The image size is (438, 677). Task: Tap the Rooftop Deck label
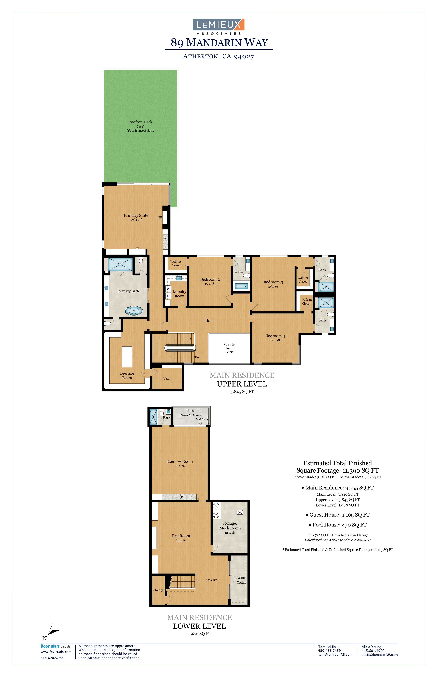click(x=140, y=122)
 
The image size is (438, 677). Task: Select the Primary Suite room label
click(x=136, y=215)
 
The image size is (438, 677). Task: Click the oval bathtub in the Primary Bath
click(x=134, y=311)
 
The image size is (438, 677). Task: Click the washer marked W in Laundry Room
click(x=168, y=289)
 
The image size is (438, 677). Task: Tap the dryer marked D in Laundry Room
click(x=168, y=296)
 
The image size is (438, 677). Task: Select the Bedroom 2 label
click(x=210, y=279)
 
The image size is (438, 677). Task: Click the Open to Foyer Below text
click(x=229, y=348)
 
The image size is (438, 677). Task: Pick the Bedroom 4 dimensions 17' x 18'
click(x=275, y=340)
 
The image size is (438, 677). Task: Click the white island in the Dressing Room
click(x=127, y=357)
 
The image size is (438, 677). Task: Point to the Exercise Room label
click(x=179, y=461)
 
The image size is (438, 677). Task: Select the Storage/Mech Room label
click(x=230, y=526)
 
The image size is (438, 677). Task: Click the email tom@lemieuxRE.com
click(x=335, y=655)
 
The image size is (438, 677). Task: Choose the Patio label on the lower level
click(x=191, y=411)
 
